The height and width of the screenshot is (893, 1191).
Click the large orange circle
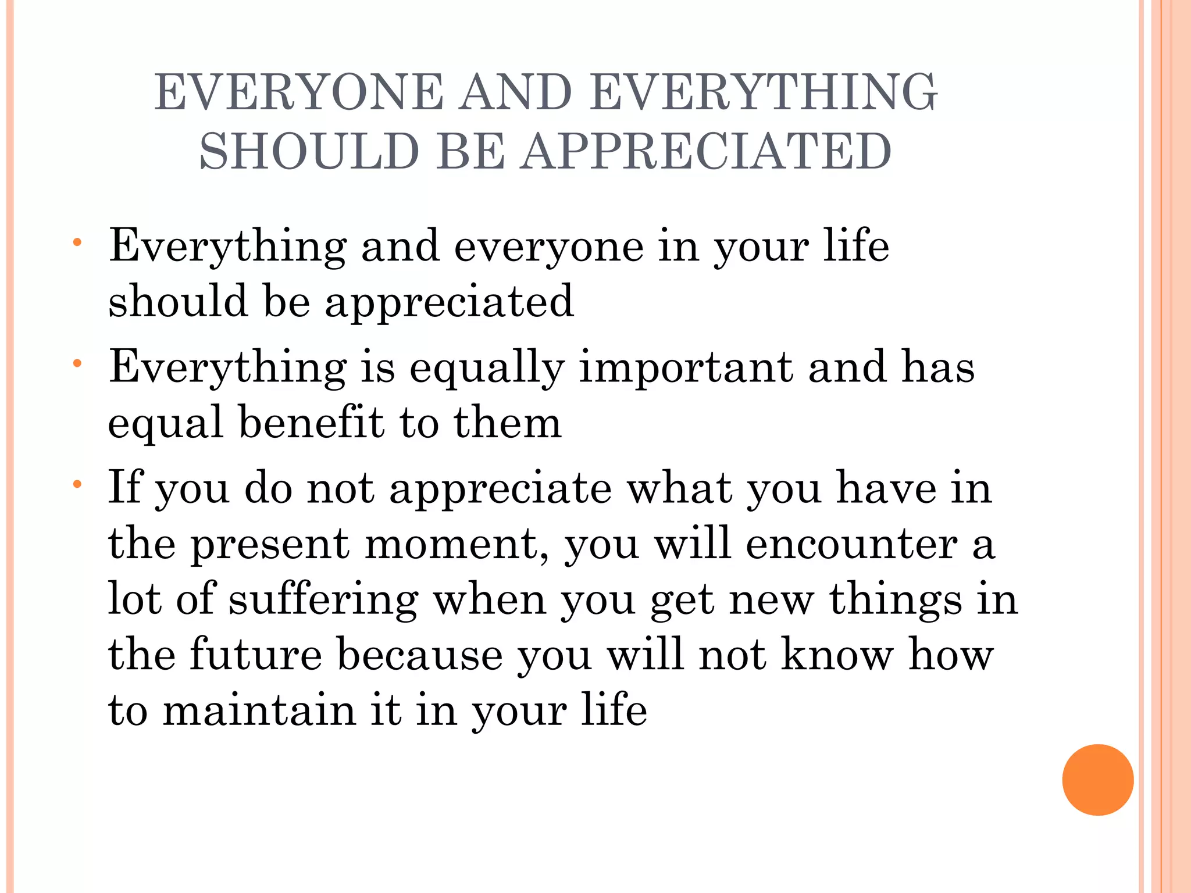(1097, 780)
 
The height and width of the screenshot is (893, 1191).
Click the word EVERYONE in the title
(298, 92)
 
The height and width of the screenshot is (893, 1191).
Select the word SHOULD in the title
(309, 152)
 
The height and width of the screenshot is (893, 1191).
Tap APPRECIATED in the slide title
(705, 152)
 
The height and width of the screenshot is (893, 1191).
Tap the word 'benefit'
(311, 423)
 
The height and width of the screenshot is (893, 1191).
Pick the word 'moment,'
(457, 545)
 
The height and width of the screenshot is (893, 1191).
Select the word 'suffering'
(323, 599)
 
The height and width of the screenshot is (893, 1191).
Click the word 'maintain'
(259, 710)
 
